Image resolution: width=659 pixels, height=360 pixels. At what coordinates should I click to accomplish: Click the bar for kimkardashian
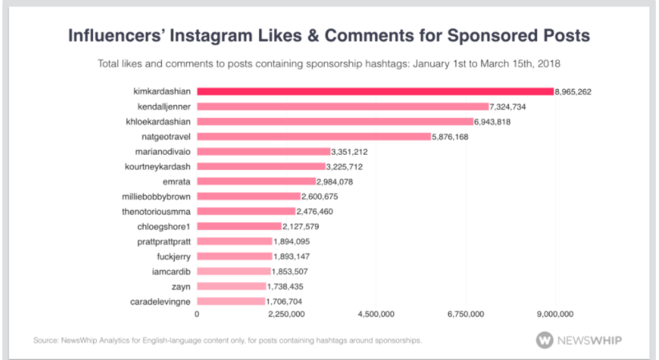tap(375, 91)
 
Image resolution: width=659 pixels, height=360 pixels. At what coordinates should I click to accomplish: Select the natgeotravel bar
tap(313, 136)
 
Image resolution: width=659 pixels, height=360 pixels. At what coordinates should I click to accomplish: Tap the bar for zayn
tap(231, 286)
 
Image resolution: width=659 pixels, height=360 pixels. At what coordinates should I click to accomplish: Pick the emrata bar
tap(257, 181)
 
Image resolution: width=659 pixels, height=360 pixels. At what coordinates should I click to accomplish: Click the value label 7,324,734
tap(517, 107)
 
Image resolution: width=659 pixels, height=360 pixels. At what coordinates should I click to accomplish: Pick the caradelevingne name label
tap(161, 301)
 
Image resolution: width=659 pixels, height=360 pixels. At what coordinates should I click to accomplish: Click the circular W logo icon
tap(546, 339)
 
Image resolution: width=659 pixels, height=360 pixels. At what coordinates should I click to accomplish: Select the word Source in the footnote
tap(46, 341)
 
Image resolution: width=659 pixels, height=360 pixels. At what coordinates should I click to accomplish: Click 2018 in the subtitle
tap(556, 63)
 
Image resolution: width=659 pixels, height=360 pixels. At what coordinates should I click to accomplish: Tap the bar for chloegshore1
tap(239, 226)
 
